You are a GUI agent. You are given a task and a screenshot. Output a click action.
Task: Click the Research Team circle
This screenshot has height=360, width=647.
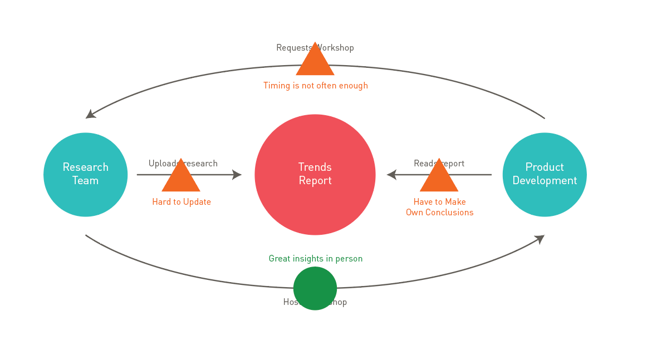click(85, 174)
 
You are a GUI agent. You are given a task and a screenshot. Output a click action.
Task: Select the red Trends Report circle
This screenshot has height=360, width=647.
click(315, 174)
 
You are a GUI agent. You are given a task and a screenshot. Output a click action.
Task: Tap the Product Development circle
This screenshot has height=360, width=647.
click(544, 174)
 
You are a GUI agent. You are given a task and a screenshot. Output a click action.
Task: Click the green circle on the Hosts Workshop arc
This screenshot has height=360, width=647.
click(315, 288)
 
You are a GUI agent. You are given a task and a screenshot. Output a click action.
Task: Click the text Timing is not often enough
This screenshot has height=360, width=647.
click(315, 86)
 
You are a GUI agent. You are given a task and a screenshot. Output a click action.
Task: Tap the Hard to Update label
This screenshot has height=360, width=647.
click(182, 202)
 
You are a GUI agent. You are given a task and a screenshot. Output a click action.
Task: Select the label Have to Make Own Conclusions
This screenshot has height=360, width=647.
click(439, 207)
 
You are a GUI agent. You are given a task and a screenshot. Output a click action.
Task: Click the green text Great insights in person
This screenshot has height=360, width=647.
click(315, 259)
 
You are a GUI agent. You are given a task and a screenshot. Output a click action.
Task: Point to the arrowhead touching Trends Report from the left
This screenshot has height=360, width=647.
click(237, 175)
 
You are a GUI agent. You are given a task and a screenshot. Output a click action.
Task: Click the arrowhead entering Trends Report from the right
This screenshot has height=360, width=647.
click(391, 175)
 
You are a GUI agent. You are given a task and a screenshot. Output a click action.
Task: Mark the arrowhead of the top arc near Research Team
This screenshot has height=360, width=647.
click(90, 114)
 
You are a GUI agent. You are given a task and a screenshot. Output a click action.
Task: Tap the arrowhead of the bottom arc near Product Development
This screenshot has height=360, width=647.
click(539, 239)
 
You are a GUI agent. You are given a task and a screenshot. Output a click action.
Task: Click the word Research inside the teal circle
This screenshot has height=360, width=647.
click(85, 167)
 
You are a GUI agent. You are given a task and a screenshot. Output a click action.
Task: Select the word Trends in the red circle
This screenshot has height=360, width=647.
click(315, 167)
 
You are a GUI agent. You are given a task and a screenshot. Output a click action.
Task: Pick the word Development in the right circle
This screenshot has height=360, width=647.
click(545, 181)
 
